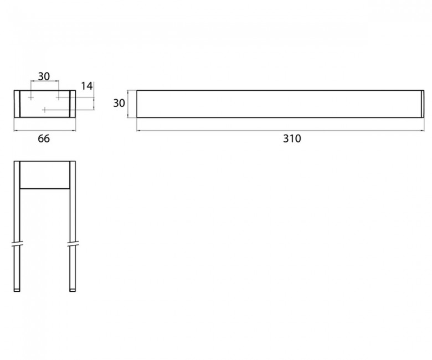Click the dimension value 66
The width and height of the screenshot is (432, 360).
[x=44, y=138]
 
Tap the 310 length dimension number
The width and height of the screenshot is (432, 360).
[x=292, y=138]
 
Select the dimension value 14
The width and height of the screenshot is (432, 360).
[x=87, y=86]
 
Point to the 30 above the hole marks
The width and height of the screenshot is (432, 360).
[x=44, y=76]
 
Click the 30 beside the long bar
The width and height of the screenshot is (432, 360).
[x=119, y=103]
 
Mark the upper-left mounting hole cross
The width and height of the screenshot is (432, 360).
[x=31, y=97]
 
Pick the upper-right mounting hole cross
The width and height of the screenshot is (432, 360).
[x=59, y=97]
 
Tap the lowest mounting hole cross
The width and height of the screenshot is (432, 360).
[x=45, y=110]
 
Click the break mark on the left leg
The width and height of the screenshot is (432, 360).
[x=17, y=244]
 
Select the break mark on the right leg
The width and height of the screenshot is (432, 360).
[x=73, y=244]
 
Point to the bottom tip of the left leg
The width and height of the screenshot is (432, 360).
[x=17, y=291]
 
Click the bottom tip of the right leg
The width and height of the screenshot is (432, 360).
[x=73, y=291]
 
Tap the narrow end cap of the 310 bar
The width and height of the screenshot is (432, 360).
[x=423, y=104]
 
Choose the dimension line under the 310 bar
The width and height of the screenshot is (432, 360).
[x=280, y=131]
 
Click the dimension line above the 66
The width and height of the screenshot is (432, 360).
[x=45, y=131]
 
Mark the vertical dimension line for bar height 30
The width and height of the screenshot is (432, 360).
[x=128, y=104]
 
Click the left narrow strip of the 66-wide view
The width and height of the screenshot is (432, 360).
[x=17, y=104]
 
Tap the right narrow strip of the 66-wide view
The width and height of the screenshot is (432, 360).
[x=73, y=104]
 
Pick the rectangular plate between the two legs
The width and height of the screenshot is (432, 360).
[x=45, y=175]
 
